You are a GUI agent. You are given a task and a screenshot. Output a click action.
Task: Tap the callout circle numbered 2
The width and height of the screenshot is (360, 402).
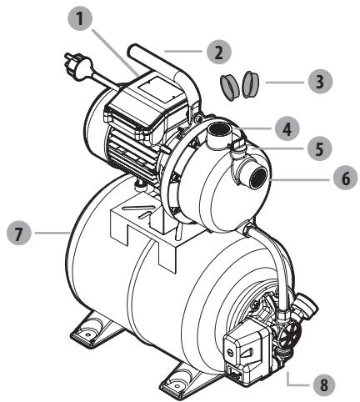coord(217,52)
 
